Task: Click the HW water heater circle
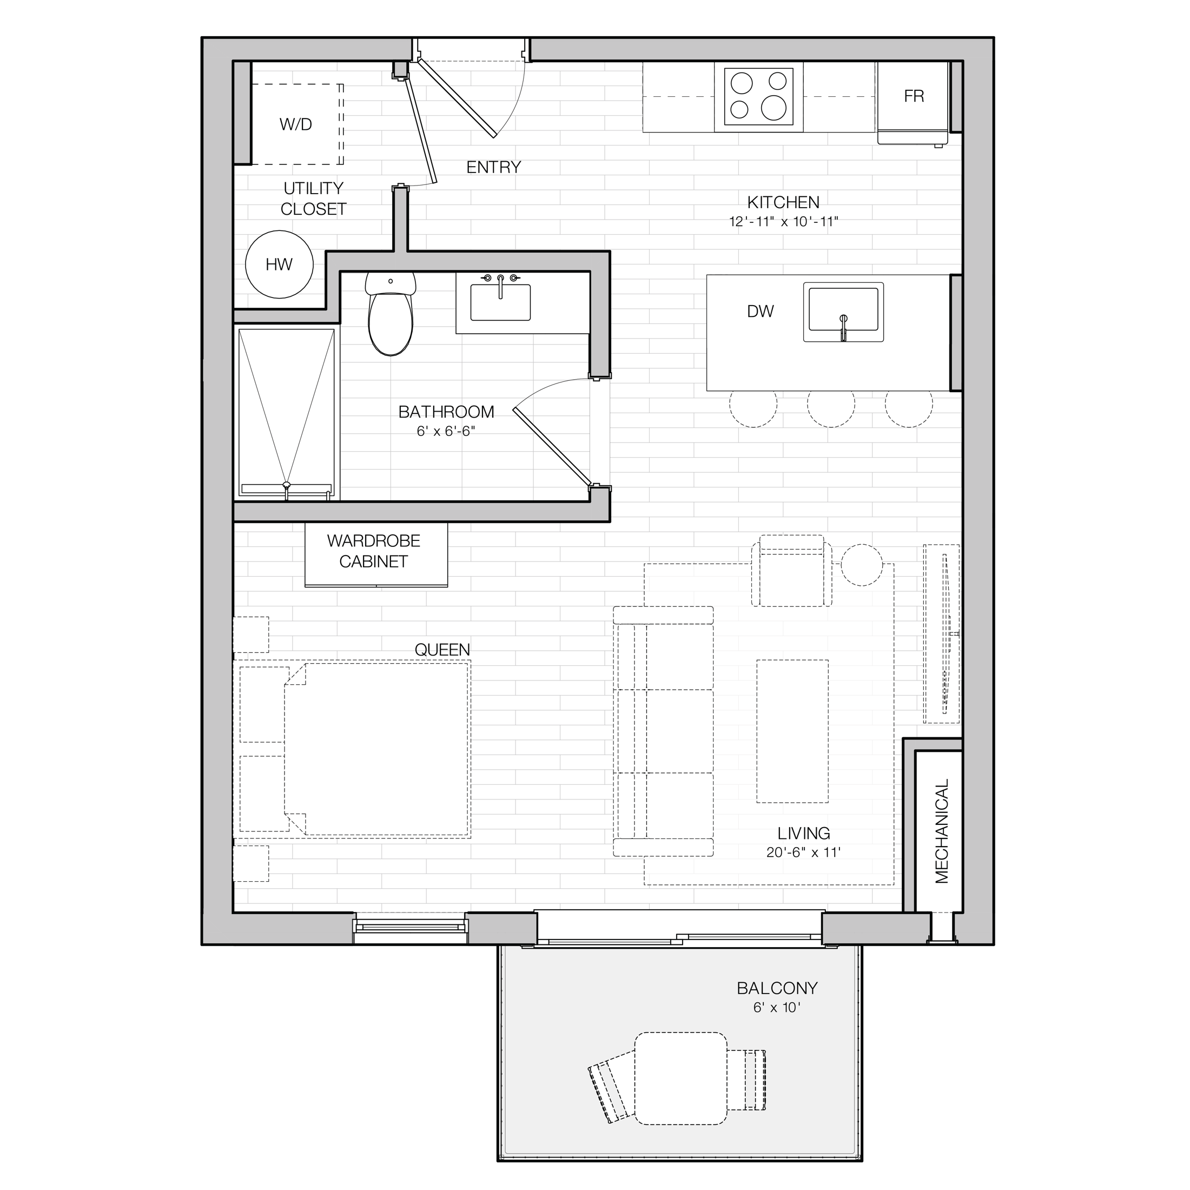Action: point(279,265)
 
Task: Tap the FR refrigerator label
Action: point(914,96)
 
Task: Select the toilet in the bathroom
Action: point(391,314)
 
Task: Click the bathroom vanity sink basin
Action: point(500,302)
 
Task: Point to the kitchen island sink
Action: point(843,312)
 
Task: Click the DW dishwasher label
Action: point(760,312)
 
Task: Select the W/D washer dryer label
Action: point(296,124)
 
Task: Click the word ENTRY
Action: point(493,167)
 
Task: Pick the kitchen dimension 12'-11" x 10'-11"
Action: point(783,222)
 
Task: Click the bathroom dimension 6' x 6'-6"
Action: point(446,431)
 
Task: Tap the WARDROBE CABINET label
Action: point(373,551)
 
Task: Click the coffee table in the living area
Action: point(792,731)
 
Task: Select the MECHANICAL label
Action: point(942,831)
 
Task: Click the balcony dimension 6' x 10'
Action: point(777,1008)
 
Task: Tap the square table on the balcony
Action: point(680,1087)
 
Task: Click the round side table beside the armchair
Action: point(862,565)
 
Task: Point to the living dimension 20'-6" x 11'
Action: point(803,852)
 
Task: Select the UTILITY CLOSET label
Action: point(314,199)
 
